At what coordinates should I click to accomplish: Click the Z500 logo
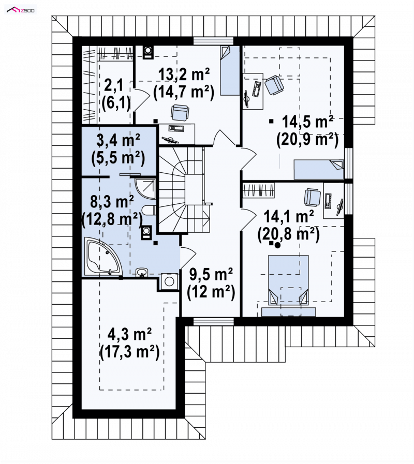pyautogui.click(x=21, y=10)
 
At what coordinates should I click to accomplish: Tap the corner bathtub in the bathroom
pyautogui.click(x=103, y=256)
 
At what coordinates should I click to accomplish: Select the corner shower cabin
pyautogui.click(x=145, y=188)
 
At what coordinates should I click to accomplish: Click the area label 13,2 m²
pyautogui.click(x=184, y=74)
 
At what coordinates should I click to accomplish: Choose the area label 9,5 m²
pyautogui.click(x=211, y=275)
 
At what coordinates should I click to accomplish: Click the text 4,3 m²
pyautogui.click(x=130, y=335)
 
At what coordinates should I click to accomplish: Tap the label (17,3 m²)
pyautogui.click(x=130, y=352)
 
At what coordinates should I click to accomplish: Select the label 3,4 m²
pyautogui.click(x=118, y=141)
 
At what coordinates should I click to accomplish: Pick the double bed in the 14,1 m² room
pyautogui.click(x=288, y=280)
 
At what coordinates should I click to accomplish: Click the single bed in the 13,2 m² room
pyautogui.click(x=230, y=70)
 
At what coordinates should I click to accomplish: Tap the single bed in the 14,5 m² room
pyautogui.click(x=319, y=169)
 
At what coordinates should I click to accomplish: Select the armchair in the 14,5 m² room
pyautogui.click(x=274, y=85)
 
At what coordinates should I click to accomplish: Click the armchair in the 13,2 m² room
pyautogui.click(x=180, y=113)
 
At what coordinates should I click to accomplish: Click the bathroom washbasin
pyautogui.click(x=142, y=272)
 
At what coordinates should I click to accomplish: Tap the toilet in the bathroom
pyautogui.click(x=149, y=211)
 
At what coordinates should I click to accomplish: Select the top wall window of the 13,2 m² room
pyautogui.click(x=213, y=41)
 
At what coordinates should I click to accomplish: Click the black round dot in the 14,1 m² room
pyautogui.click(x=277, y=245)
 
